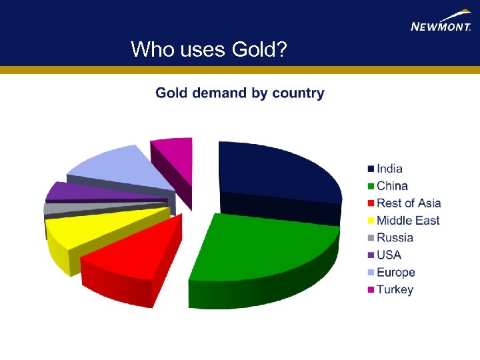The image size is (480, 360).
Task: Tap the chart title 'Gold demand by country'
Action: click(x=240, y=93)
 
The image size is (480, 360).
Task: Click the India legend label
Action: click(x=389, y=169)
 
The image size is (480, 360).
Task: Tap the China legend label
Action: click(x=392, y=186)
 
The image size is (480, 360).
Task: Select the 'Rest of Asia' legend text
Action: click(x=409, y=203)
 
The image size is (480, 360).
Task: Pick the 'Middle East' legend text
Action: click(x=408, y=221)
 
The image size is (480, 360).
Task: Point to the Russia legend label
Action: click(x=395, y=238)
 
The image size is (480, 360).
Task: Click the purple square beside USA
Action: click(x=369, y=255)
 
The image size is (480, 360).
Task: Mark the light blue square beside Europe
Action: click(x=369, y=273)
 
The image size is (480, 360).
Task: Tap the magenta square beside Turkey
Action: click(x=369, y=290)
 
